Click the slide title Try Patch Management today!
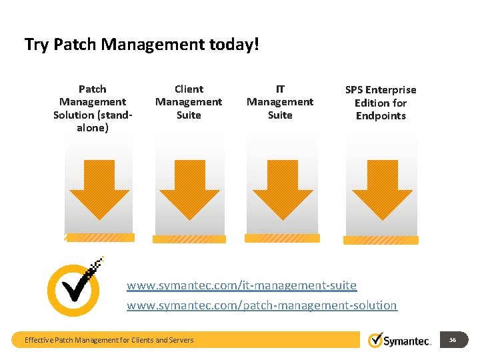point(141,45)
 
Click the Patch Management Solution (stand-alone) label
point(93,108)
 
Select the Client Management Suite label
point(189,102)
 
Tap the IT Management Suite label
point(280,102)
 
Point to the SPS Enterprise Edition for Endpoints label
point(381,103)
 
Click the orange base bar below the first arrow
point(100,237)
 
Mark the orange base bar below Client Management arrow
point(189,239)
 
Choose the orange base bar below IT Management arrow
point(282,238)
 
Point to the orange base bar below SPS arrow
point(381,240)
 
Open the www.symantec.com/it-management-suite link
point(241,285)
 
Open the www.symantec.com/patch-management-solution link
point(261,305)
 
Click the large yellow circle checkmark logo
point(74,289)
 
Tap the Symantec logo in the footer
point(399,340)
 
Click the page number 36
point(453,340)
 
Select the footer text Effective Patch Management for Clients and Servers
point(109,340)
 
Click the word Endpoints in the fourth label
point(381,116)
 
